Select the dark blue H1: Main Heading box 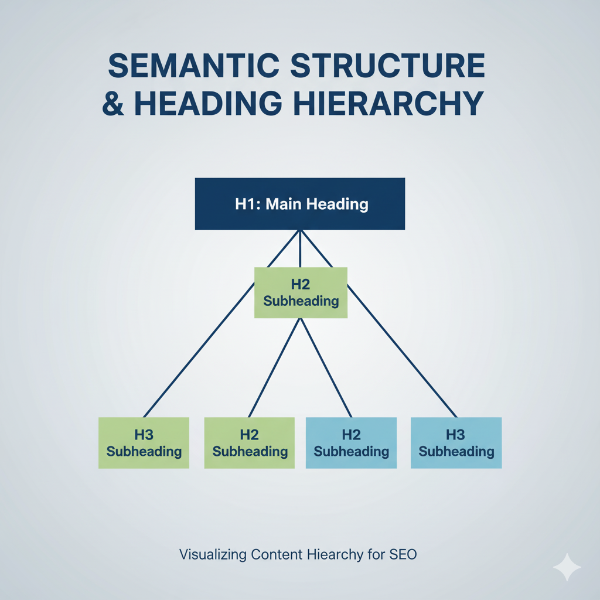coord(300,204)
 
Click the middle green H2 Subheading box coord(301,293)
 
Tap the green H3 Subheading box coord(144,443)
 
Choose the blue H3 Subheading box coord(456,443)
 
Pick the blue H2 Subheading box coord(351,443)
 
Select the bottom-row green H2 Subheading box coord(250,443)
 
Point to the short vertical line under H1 coord(300,248)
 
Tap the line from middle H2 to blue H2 coord(326,368)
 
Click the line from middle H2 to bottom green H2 coord(274,368)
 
